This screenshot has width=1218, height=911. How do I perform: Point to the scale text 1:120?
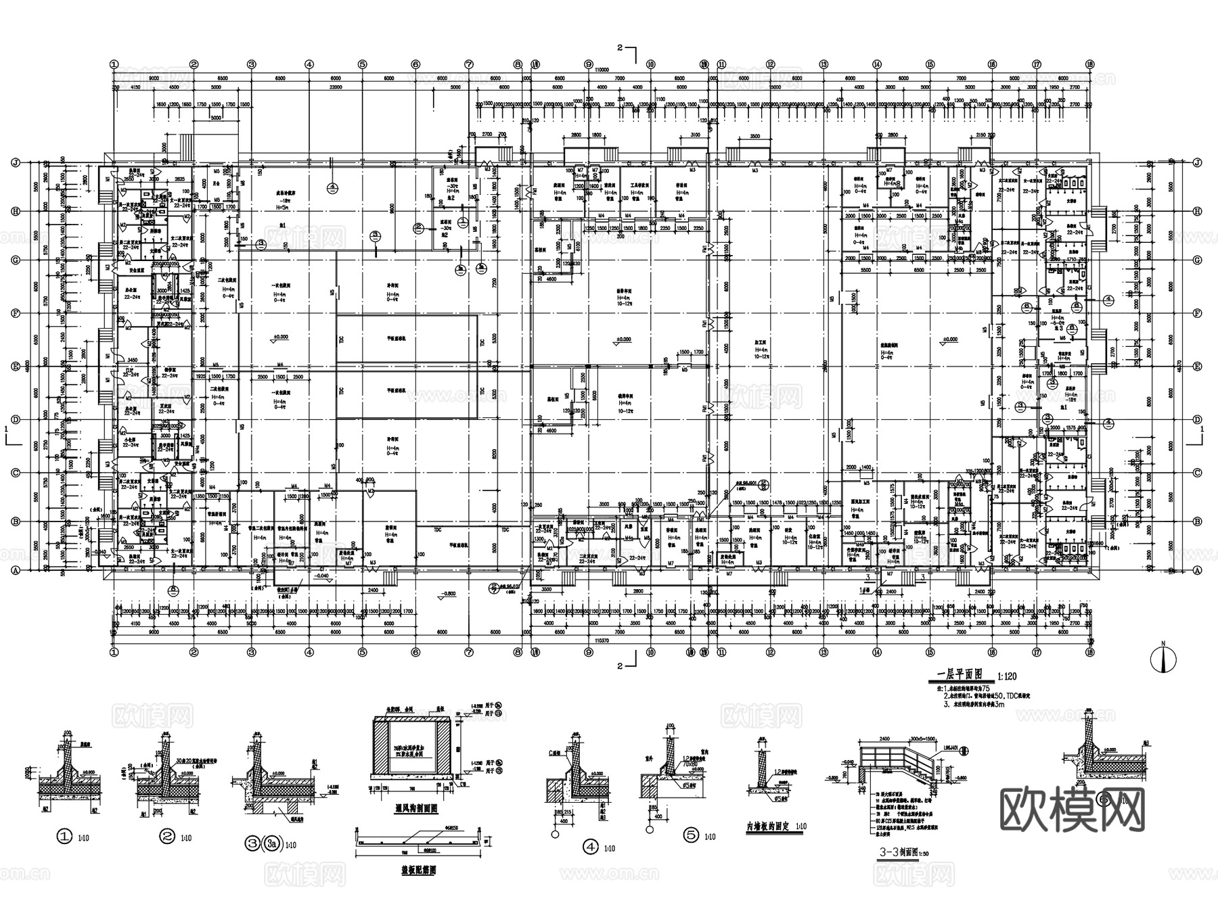point(1007,676)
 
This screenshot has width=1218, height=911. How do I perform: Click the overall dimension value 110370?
point(602,639)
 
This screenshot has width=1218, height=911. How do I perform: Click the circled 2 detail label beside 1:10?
point(167,836)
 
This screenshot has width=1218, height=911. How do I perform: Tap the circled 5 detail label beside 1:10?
point(691,835)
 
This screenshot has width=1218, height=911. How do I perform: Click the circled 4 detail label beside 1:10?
point(590,846)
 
